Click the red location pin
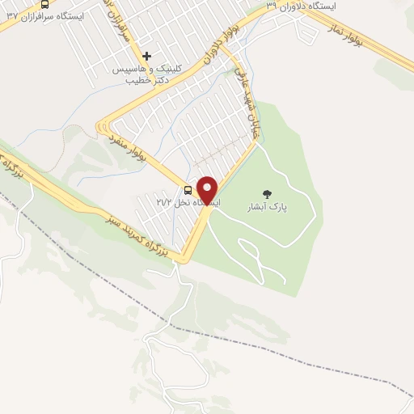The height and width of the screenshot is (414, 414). click(208, 189)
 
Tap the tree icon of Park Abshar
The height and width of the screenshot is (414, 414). click(268, 194)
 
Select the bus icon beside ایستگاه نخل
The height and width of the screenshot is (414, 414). click(188, 191)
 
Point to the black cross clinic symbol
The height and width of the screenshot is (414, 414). click(146, 57)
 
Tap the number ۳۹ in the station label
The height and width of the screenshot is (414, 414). click(272, 6)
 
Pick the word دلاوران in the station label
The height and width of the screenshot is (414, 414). click(294, 6)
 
